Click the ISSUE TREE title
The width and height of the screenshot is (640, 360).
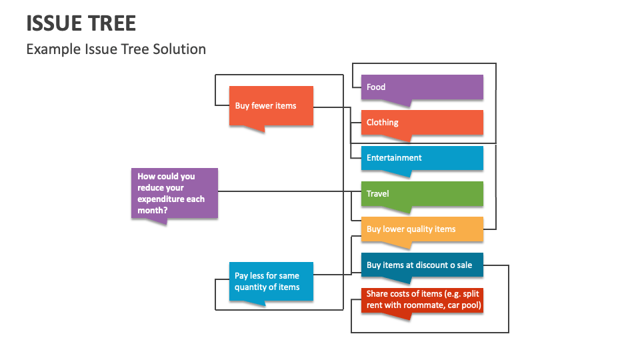81,23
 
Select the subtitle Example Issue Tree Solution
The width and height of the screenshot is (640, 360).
116,49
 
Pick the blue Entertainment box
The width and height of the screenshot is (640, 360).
422,159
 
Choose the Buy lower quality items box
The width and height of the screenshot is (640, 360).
422,231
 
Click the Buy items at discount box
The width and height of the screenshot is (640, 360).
422,266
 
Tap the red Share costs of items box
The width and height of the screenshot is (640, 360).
422,301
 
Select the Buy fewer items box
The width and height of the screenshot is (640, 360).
271,107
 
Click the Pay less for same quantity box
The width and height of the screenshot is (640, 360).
271,283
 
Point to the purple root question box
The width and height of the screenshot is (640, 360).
174,194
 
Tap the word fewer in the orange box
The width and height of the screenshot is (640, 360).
263,106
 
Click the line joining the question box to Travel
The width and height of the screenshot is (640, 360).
289,191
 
